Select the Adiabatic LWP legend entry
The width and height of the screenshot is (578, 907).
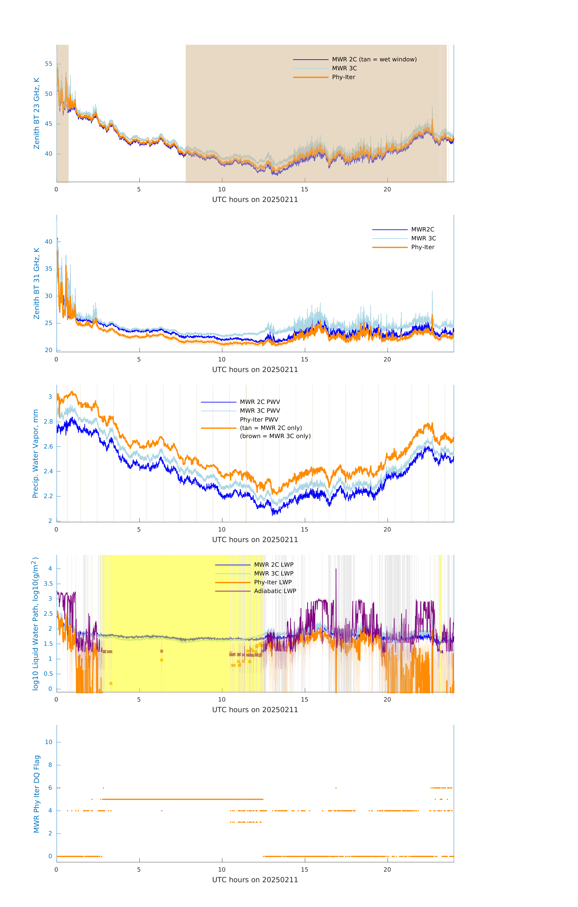point(275,591)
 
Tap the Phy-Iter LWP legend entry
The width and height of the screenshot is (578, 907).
point(273,582)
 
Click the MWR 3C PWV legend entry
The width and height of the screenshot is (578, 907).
point(260,411)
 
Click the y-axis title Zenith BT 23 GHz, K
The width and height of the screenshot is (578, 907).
point(37,113)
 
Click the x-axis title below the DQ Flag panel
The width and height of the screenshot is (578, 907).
point(255,880)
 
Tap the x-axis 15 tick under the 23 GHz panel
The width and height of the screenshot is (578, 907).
point(304,189)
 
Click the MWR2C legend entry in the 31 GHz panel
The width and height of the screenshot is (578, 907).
point(423,229)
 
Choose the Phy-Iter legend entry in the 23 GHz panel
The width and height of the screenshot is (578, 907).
point(343,77)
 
